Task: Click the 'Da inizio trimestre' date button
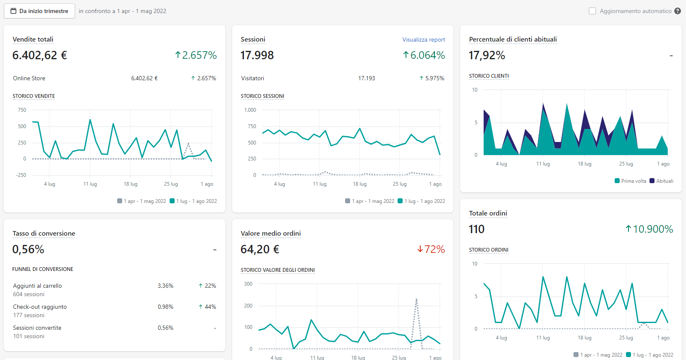[x=39, y=11]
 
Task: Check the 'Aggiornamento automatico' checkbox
[x=592, y=11]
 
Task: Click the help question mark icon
[x=678, y=11]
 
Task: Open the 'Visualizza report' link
[x=424, y=39]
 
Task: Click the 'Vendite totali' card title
[x=33, y=39]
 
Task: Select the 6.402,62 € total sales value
[x=39, y=55]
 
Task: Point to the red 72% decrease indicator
[x=431, y=249]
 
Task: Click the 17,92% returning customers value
[x=487, y=55]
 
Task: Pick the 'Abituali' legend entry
[x=662, y=181]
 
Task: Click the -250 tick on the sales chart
[x=21, y=175]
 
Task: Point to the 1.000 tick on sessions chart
[x=250, y=110]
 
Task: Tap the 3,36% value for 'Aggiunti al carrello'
[x=165, y=286]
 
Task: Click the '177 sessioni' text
[x=29, y=315]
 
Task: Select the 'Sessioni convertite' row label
[x=37, y=328]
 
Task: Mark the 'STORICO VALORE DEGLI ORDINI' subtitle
[x=278, y=270]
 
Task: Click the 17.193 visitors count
[x=366, y=78]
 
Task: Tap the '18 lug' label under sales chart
[x=131, y=184]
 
